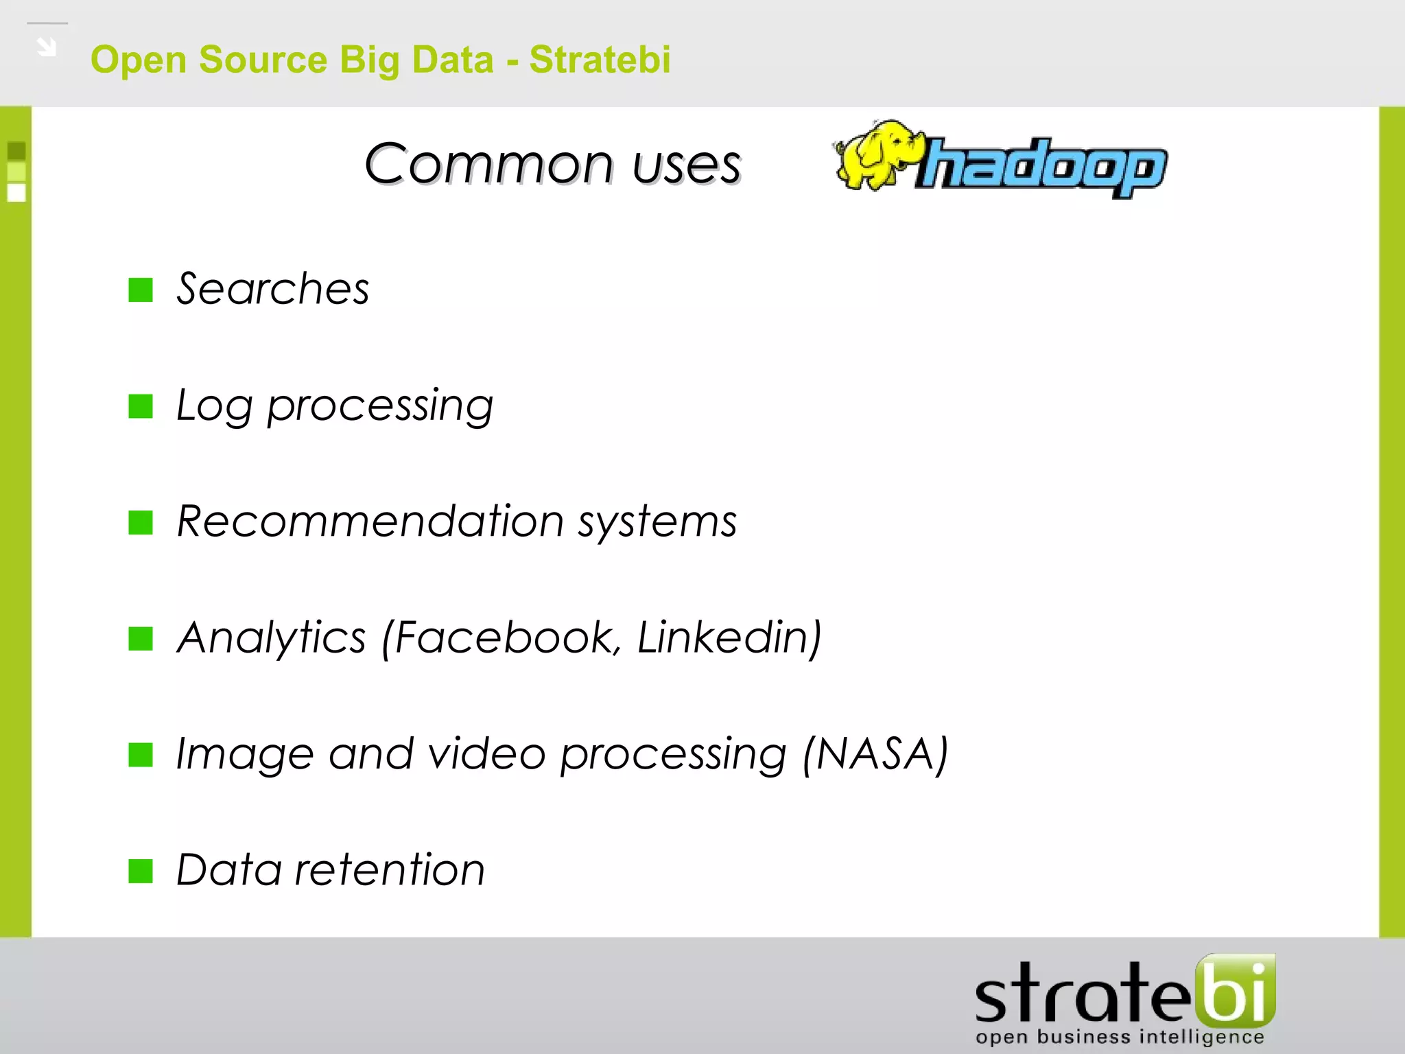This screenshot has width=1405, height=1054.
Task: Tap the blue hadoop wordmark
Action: click(1043, 167)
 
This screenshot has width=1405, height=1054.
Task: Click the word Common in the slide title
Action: click(488, 165)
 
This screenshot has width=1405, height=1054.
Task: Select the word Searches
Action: click(273, 289)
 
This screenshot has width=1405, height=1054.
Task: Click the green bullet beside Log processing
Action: click(141, 406)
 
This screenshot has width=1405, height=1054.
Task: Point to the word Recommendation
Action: click(370, 522)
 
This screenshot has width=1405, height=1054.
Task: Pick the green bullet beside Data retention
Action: click(141, 871)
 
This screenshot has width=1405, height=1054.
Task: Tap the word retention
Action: click(389, 870)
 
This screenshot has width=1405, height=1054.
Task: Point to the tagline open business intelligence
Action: click(1119, 1037)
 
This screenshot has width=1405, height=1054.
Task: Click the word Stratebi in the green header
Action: click(600, 60)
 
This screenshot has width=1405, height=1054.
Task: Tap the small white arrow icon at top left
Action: click(47, 47)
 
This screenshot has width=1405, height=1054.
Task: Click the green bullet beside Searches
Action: click(141, 290)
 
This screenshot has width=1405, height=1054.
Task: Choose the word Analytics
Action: click(272, 637)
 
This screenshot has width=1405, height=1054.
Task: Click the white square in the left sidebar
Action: click(16, 193)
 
